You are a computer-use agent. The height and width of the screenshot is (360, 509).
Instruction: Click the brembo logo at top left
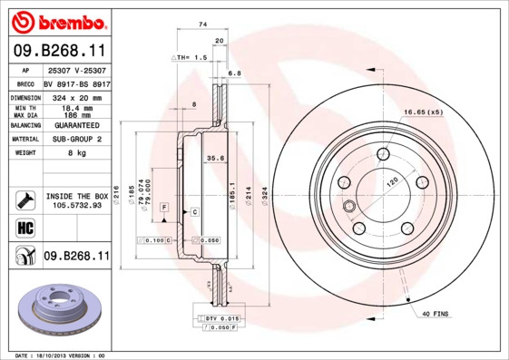click(56, 20)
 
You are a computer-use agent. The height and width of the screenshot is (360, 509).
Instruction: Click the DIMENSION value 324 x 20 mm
click(80, 95)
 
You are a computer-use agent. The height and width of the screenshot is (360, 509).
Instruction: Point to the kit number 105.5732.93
click(77, 205)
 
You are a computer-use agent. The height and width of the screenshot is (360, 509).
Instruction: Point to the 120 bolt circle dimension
click(392, 182)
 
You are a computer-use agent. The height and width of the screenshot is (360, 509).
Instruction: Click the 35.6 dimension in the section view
click(216, 158)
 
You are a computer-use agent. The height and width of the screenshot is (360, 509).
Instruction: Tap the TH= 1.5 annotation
click(193, 56)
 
